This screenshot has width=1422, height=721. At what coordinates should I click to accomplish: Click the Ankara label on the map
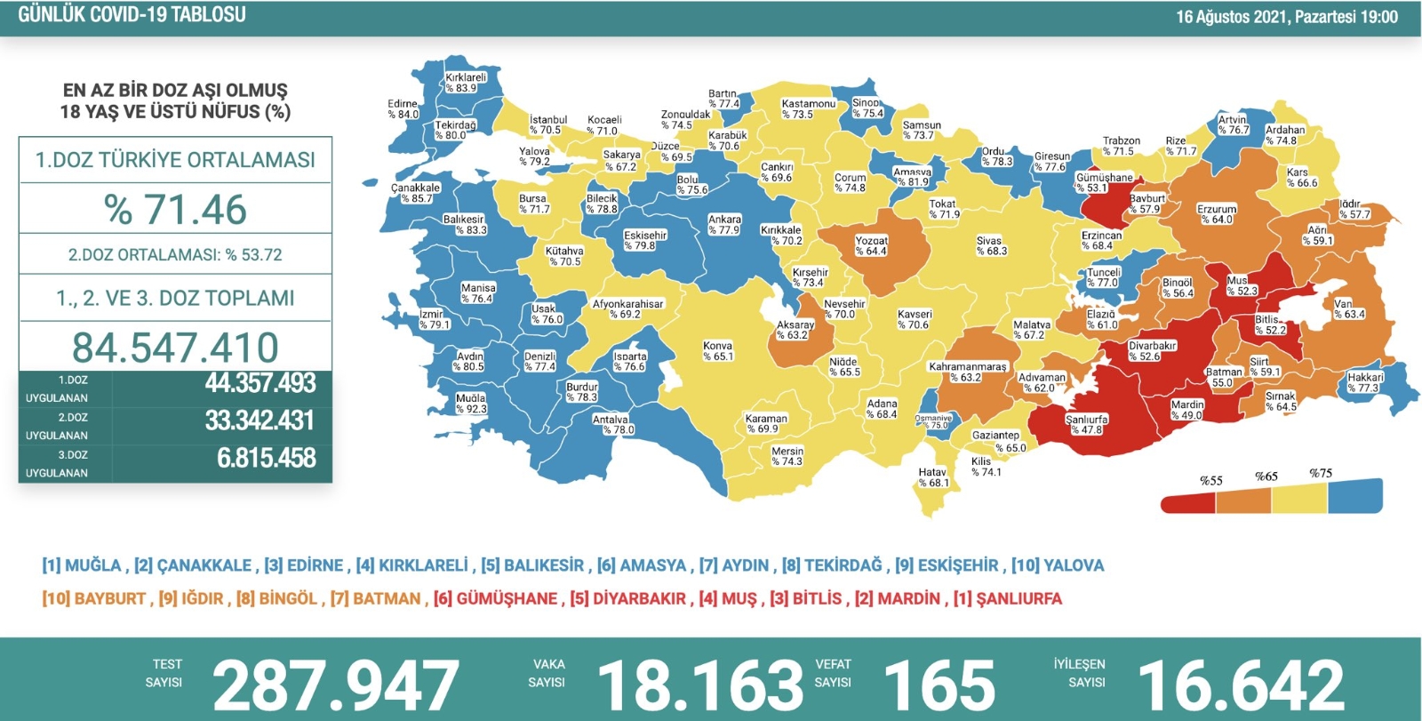point(724,225)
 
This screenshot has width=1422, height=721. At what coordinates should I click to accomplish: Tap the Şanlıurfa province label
point(1087,424)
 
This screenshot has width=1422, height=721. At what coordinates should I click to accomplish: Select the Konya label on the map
point(717,351)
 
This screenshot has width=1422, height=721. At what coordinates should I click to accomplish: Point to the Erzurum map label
point(1217,214)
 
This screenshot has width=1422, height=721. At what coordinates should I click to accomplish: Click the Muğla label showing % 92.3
point(471,404)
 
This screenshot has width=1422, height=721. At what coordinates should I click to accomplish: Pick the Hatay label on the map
point(932,477)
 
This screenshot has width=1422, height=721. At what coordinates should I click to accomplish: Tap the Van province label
point(1348,308)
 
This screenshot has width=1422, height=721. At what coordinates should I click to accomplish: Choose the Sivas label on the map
point(991,246)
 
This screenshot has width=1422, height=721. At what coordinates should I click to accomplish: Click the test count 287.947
point(335,685)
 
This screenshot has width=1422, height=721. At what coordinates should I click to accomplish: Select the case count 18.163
point(700,685)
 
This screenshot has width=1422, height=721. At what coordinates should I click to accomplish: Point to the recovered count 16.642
point(1241,685)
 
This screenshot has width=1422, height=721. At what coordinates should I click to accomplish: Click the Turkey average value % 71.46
point(175,210)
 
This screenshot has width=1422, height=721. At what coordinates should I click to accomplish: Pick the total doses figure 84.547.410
point(175,348)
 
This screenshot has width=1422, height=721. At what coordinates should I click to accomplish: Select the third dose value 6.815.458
point(266,458)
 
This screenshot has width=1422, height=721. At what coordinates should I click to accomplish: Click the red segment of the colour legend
point(1188,502)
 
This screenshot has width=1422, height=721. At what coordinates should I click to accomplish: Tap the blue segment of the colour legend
point(1355,496)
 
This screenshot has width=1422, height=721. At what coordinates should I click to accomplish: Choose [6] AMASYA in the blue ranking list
point(642,565)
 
